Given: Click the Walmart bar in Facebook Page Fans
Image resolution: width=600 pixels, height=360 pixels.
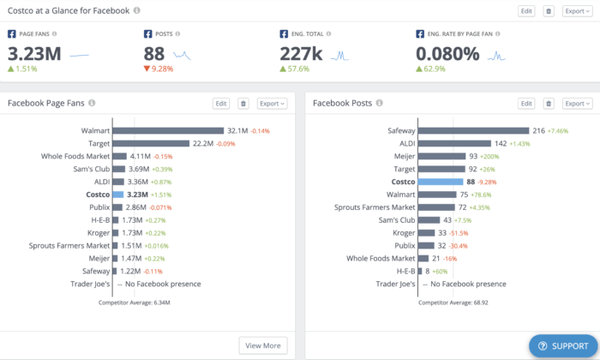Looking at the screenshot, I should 168,131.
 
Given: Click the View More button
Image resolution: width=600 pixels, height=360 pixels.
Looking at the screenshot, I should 263,345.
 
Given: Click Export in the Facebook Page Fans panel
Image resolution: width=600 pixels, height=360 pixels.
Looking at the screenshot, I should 273,104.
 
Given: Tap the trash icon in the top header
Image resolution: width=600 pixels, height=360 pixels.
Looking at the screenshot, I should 549,11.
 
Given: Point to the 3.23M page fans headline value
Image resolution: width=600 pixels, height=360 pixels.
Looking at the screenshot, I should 34,54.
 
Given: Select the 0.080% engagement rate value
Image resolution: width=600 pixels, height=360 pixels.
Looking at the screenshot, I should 448,54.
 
